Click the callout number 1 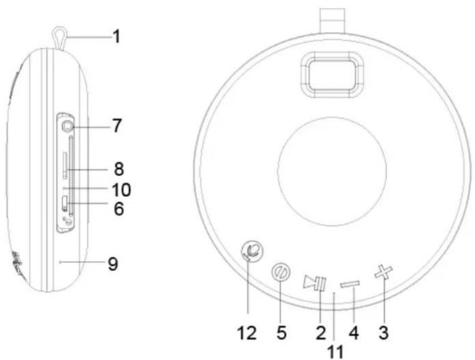(116, 37)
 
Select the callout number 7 (117, 125)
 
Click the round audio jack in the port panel (67, 126)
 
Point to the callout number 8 (119, 168)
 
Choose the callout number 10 (121, 190)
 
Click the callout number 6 (119, 209)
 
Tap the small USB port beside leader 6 (64, 203)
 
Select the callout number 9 (113, 264)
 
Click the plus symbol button (383, 272)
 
